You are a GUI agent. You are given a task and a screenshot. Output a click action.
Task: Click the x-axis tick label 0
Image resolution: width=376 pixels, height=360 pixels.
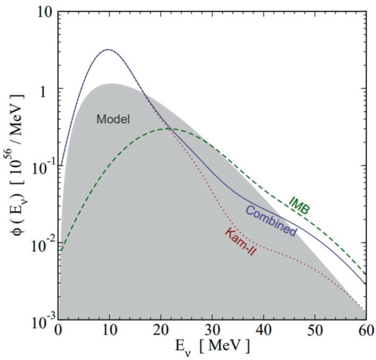pos(58,331)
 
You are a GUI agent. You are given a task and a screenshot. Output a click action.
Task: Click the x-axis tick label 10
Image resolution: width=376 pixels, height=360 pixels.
pos(109,331)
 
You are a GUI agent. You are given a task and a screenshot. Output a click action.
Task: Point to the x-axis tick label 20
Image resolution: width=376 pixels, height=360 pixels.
pos(160,331)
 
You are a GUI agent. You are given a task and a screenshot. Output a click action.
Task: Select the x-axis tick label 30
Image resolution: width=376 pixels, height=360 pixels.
pos(211,331)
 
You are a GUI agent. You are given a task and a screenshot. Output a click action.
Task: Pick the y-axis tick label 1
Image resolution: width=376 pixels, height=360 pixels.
pos(48,89)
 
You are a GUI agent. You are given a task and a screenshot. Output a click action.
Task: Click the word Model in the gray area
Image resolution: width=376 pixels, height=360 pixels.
pos(113,118)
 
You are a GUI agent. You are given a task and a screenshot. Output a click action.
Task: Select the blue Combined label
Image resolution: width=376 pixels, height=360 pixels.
pos(271,221)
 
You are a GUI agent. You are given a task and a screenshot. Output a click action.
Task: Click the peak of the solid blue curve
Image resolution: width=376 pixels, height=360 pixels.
pos(108,49)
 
